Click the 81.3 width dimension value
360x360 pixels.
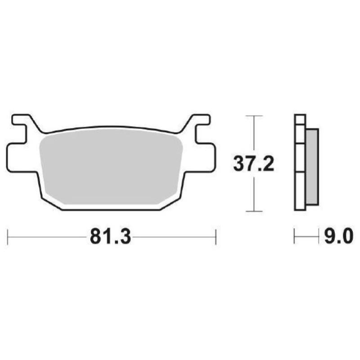coord(110,237)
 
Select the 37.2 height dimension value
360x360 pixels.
coord(254,164)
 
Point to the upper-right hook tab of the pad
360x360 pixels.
coord(201,121)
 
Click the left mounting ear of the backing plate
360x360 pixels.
coord(20,157)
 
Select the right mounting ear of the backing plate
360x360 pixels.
coord(202,157)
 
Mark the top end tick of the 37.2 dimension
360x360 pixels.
coord(255,116)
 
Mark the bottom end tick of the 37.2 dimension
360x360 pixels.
coord(255,211)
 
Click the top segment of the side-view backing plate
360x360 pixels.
coord(300,119)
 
